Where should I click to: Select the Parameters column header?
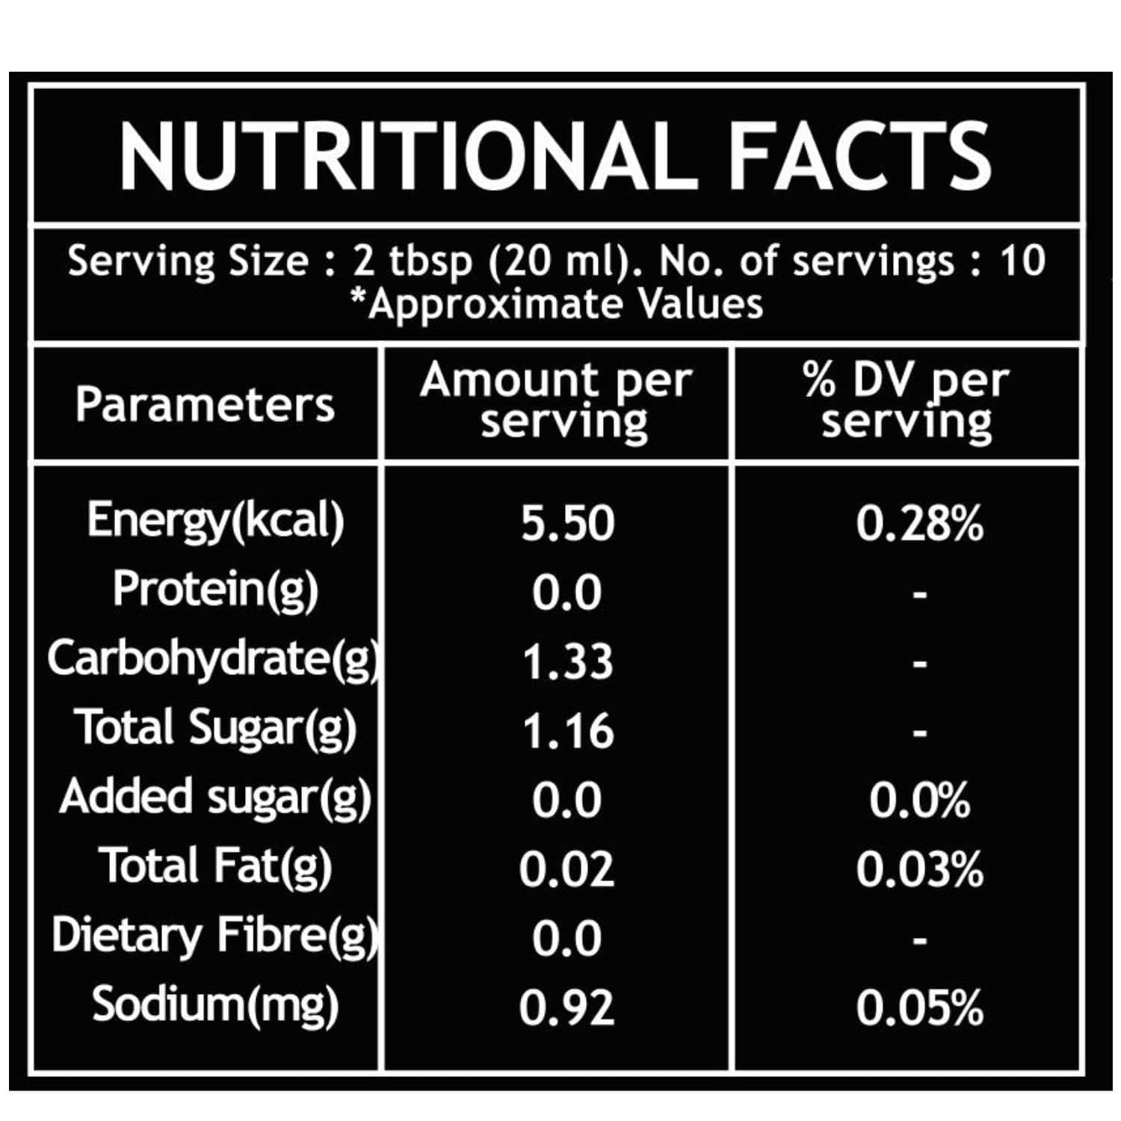pyautogui.click(x=205, y=405)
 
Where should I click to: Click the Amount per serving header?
pyautogui.click(x=556, y=402)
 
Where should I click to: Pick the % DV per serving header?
pyautogui.click(x=907, y=402)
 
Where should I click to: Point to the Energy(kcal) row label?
pyautogui.click(x=215, y=520)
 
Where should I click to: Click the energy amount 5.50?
pyautogui.click(x=567, y=523)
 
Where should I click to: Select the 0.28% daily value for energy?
pyautogui.click(x=919, y=523)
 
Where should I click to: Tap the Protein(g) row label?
pyautogui.click(x=215, y=589)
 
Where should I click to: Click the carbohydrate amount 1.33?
pyautogui.click(x=567, y=662)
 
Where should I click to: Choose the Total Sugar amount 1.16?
pyautogui.click(x=567, y=731)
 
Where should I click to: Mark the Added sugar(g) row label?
pyautogui.click(x=215, y=797)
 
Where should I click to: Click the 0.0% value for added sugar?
pyautogui.click(x=919, y=800)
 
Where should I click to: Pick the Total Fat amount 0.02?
pyautogui.click(x=567, y=869)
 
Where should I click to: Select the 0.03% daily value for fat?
pyautogui.click(x=919, y=869)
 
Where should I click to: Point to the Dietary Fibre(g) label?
pyautogui.click(x=215, y=936)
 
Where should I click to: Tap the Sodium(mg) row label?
pyautogui.click(x=215, y=1004)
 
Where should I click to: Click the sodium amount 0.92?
pyautogui.click(x=567, y=1007)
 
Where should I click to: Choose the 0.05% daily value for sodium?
pyautogui.click(x=919, y=1007)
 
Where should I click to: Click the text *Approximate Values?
pyautogui.click(x=558, y=304)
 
